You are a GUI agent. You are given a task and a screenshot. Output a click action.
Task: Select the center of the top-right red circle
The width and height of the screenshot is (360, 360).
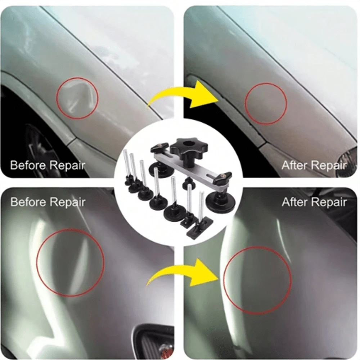coord(266,104)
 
